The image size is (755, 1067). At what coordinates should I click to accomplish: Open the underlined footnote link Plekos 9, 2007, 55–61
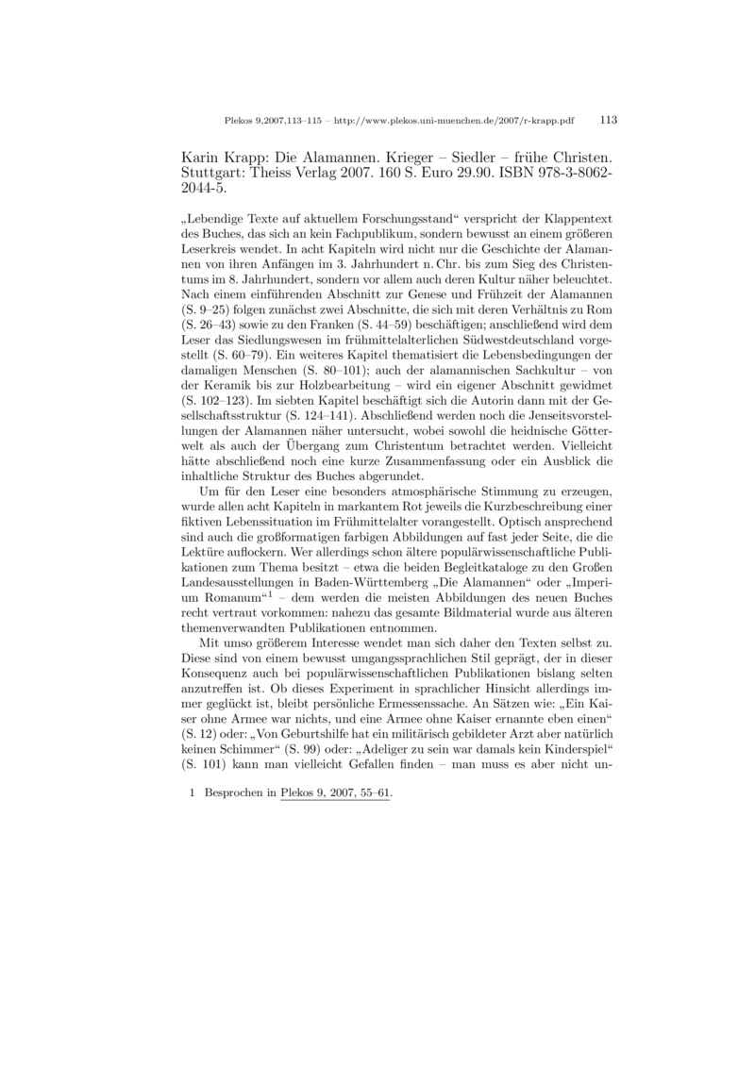coord(335,794)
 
